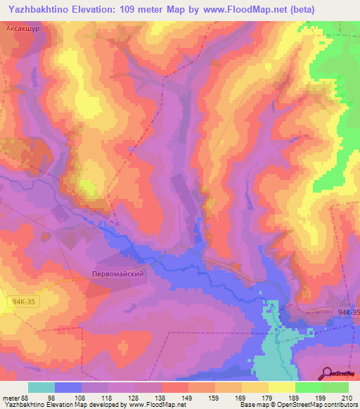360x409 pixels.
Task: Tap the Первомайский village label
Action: click(x=118, y=274)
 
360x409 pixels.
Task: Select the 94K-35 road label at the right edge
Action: click(x=348, y=312)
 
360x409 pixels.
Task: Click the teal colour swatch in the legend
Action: click(x=41, y=387)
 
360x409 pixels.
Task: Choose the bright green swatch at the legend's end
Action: click(x=335, y=387)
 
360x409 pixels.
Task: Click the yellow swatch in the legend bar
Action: click(x=282, y=387)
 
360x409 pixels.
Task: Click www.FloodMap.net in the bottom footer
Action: click(x=151, y=405)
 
